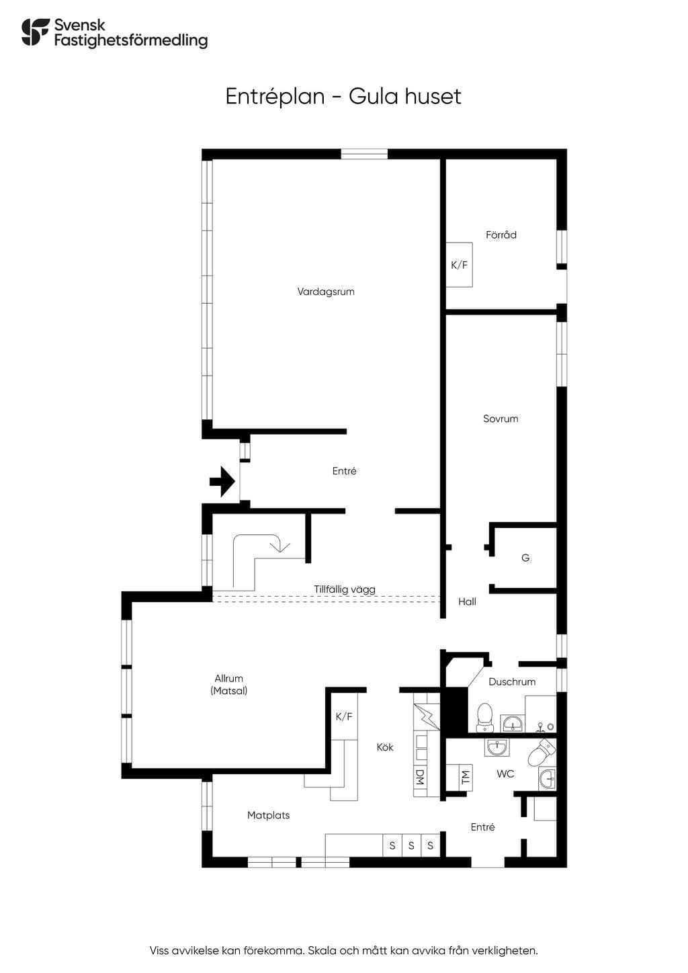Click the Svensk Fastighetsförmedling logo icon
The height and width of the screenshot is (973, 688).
pyautogui.click(x=35, y=32)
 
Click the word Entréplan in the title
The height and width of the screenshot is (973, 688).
pyautogui.click(x=275, y=97)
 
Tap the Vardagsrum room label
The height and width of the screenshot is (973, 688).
pyautogui.click(x=326, y=292)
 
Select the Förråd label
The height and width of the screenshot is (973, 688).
pyautogui.click(x=501, y=235)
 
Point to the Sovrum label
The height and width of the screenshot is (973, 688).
pyautogui.click(x=501, y=419)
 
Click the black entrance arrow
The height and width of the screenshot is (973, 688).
pyautogui.click(x=222, y=481)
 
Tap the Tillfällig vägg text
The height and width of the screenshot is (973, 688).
pyautogui.click(x=345, y=589)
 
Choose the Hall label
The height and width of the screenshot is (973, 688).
pyautogui.click(x=467, y=601)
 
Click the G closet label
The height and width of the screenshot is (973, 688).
pyautogui.click(x=525, y=558)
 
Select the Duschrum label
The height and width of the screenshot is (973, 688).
pyautogui.click(x=512, y=681)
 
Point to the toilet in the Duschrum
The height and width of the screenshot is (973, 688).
pyautogui.click(x=484, y=718)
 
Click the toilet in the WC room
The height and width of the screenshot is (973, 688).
pyautogui.click(x=542, y=752)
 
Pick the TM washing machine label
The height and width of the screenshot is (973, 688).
pyautogui.click(x=466, y=777)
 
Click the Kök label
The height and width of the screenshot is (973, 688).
pyautogui.click(x=385, y=747)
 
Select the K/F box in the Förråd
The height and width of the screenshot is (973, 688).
pyautogui.click(x=460, y=265)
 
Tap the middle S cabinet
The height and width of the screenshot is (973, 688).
pyautogui.click(x=411, y=845)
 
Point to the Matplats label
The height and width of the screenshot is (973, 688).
pyautogui.click(x=269, y=815)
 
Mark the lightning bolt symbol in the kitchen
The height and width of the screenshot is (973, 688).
pyautogui.click(x=426, y=716)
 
